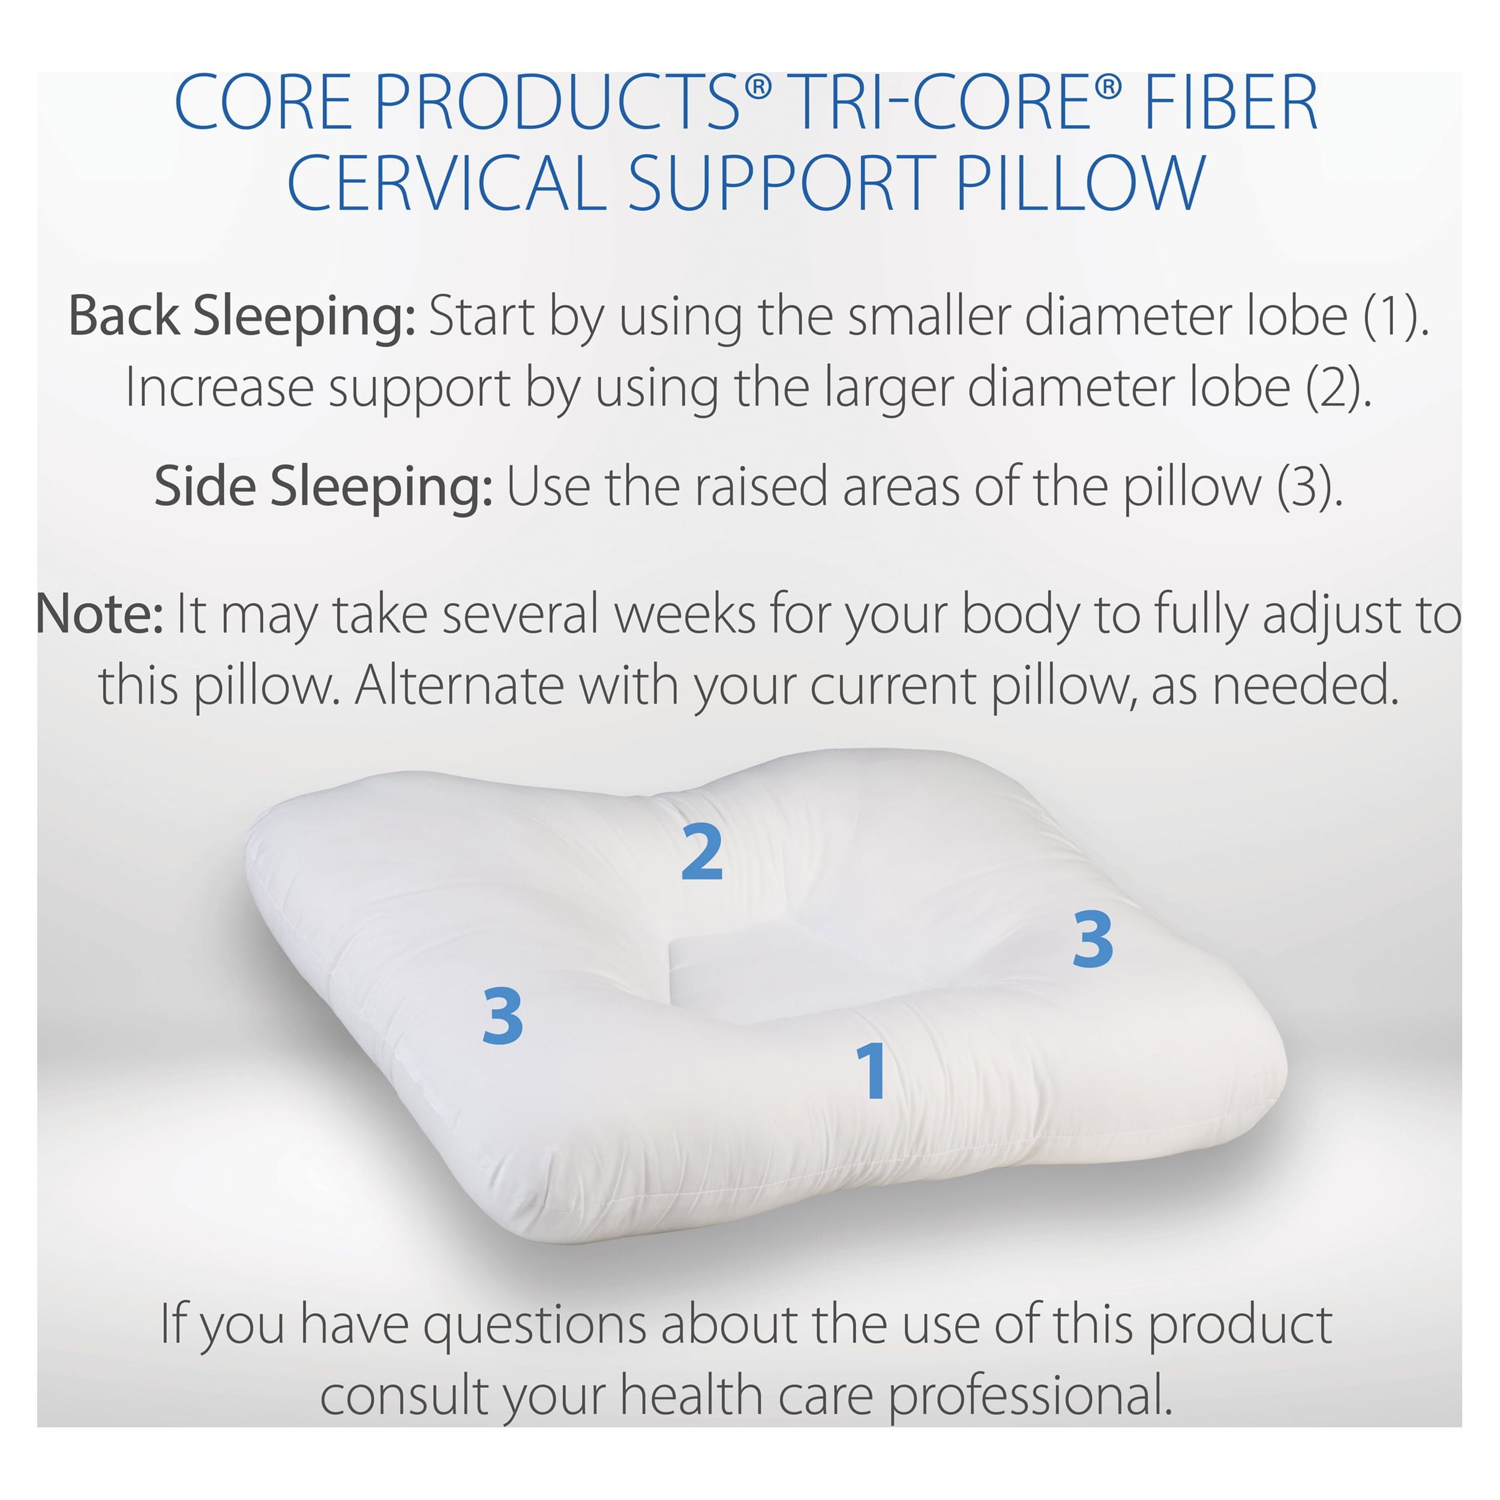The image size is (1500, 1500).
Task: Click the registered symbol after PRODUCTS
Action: click(x=758, y=87)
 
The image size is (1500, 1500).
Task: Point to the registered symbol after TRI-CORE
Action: click(x=1109, y=87)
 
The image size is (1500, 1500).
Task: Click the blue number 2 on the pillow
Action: click(x=702, y=852)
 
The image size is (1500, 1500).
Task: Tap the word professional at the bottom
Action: click(x=1030, y=1397)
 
